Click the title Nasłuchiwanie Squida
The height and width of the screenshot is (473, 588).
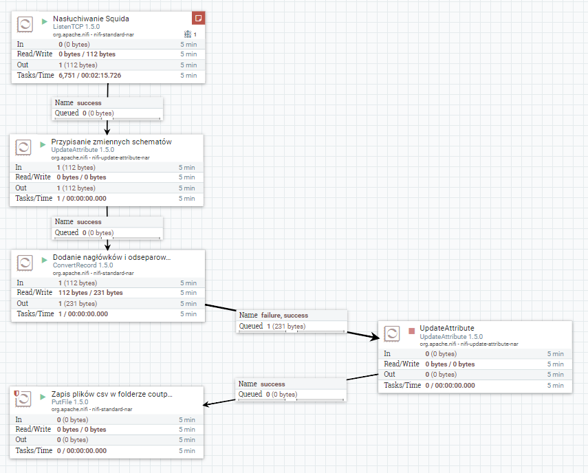click(91, 19)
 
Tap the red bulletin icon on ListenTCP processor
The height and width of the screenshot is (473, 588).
click(198, 18)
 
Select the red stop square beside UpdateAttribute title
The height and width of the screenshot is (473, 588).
click(411, 330)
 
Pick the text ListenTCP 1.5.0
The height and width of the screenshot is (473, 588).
click(76, 27)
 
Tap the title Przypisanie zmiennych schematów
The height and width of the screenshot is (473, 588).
click(111, 142)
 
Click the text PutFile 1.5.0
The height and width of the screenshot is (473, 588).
click(69, 401)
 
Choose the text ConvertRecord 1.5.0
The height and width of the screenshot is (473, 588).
click(83, 265)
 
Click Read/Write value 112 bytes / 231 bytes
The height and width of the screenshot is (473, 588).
click(90, 292)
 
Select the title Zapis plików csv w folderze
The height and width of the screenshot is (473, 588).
click(111, 395)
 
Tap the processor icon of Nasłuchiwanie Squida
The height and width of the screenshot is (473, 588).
click(24, 23)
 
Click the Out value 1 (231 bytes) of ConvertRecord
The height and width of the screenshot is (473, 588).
click(76, 303)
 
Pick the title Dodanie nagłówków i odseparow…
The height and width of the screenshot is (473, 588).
click(111, 257)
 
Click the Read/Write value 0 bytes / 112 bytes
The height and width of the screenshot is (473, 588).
click(87, 54)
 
